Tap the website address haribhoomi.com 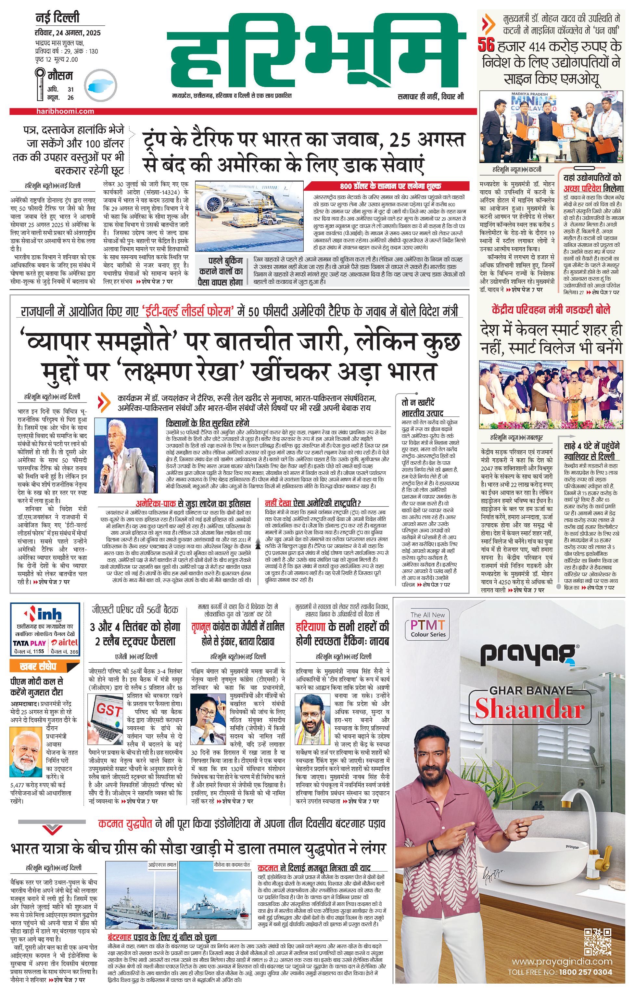click(x=65, y=111)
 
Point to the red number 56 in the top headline click(x=486, y=45)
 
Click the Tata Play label click(x=29, y=643)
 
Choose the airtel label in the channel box click(x=64, y=643)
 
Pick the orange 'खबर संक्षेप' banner click(x=44, y=666)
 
